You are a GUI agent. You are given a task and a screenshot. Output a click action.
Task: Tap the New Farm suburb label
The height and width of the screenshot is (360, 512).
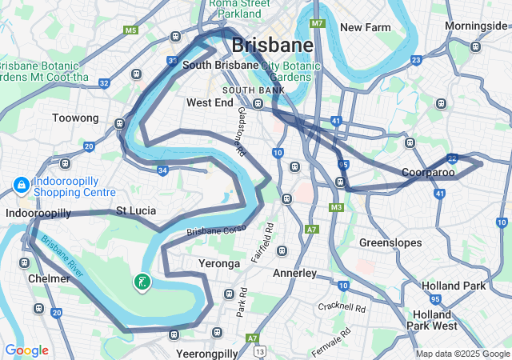coord(366,27)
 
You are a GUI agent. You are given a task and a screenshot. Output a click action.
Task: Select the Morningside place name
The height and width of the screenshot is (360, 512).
coord(476,26)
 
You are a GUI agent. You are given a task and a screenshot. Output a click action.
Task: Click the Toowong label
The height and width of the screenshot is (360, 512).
coord(75,118)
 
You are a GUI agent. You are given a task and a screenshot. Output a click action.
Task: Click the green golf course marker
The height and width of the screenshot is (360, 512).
coord(142,282)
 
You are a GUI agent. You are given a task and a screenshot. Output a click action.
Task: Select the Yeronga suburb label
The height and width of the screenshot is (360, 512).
coord(219,263)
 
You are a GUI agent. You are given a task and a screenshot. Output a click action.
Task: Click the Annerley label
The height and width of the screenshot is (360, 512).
coord(295,273)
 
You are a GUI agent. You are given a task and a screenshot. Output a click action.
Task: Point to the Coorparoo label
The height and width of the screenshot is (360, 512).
coord(428,173)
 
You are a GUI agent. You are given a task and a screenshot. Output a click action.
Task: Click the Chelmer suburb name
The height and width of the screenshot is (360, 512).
coord(49,278)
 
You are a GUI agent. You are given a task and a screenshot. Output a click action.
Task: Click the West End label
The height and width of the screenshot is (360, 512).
coord(210,102)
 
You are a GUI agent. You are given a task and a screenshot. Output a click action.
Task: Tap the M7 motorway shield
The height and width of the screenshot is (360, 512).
coord(318,23)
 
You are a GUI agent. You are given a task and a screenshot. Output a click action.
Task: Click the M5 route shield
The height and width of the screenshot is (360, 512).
coord(130,30)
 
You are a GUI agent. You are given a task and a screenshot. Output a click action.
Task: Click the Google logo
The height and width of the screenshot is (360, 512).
coord(26,350)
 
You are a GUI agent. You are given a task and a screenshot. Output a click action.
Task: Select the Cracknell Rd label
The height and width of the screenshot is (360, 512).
coord(341,307)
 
